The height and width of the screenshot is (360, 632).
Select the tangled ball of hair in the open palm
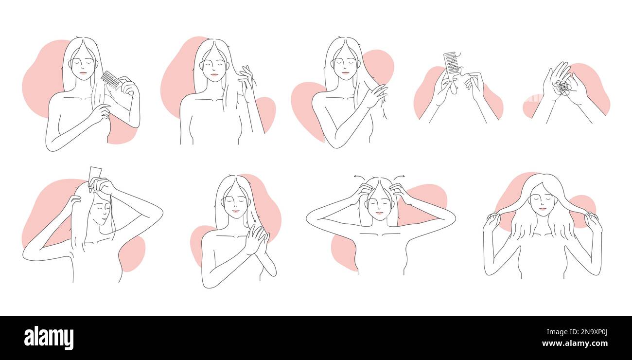(x=563, y=88)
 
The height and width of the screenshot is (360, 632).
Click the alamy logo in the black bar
(x=49, y=338)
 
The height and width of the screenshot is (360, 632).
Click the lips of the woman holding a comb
(x=83, y=73)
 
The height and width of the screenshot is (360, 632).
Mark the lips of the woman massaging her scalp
(x=378, y=213)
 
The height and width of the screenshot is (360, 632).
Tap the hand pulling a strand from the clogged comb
(x=474, y=83)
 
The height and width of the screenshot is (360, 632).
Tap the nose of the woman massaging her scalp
(x=378, y=207)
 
